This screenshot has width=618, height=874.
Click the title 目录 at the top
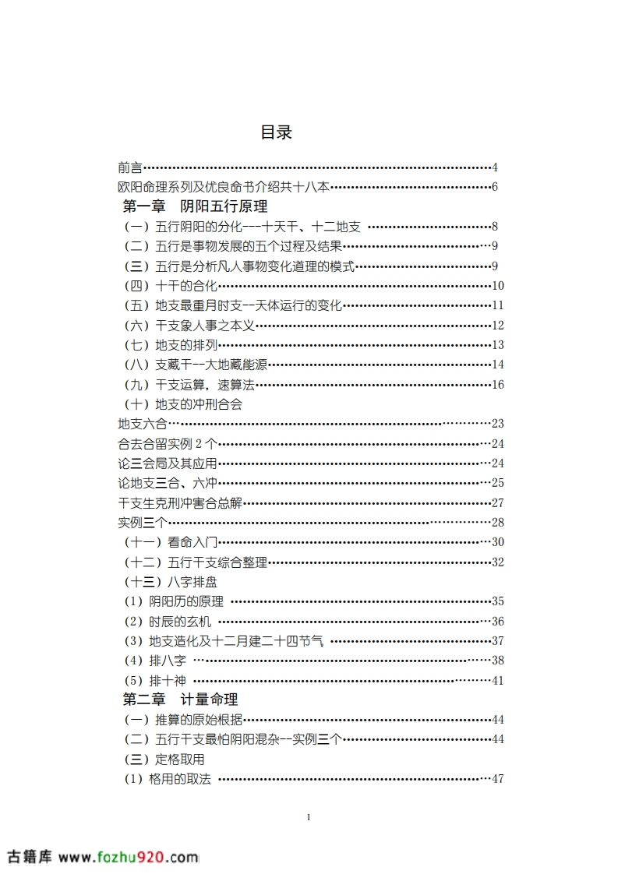point(276,132)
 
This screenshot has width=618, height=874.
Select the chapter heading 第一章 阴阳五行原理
point(196,207)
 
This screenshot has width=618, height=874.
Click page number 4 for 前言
point(495,167)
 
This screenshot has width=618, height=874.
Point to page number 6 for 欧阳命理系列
point(495,187)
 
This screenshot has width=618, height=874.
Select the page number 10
point(498,286)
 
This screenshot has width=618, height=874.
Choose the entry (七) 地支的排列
point(171,345)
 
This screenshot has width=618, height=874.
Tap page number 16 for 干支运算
point(498,385)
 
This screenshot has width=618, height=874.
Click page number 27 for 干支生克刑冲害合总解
point(498,503)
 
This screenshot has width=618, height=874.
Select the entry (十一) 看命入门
point(171,542)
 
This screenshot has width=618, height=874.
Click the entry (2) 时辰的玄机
point(168,622)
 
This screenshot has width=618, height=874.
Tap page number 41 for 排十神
point(498,680)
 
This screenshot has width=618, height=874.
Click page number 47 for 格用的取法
point(498,779)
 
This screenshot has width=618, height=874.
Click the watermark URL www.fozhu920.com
point(129,857)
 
